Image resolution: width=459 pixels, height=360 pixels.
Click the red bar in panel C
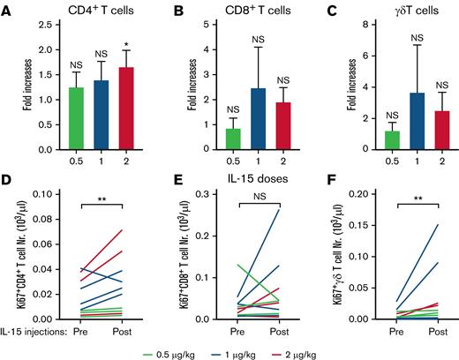[x=434, y=127]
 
